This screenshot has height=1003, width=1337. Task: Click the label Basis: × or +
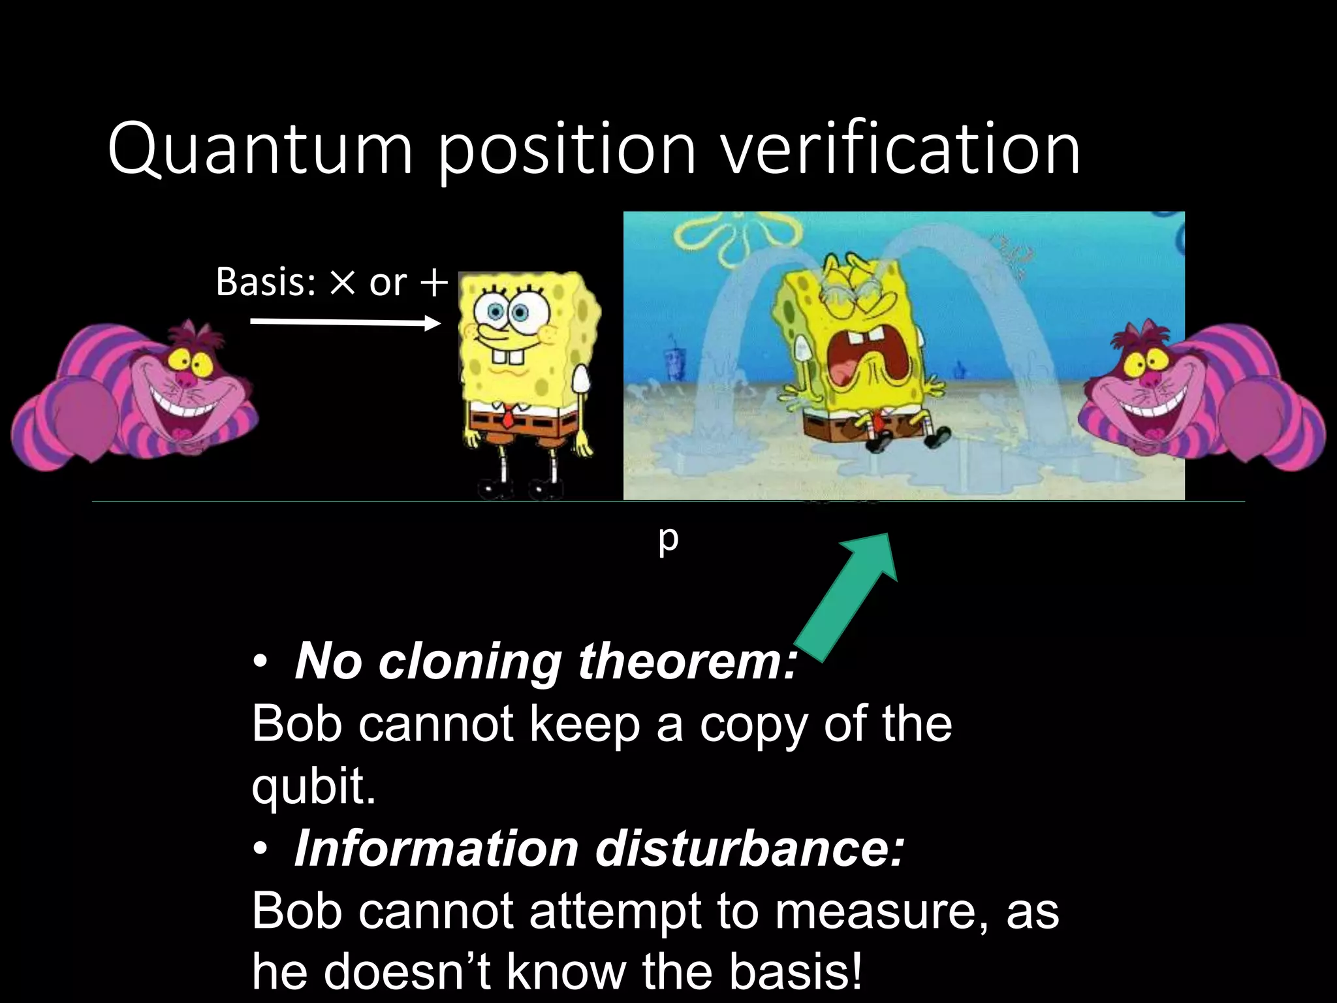pyautogui.click(x=332, y=282)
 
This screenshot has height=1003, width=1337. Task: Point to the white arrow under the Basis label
pyautogui.click(x=345, y=322)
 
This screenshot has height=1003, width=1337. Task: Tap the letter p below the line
pyautogui.click(x=668, y=539)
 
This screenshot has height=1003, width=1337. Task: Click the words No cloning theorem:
pyautogui.click(x=545, y=661)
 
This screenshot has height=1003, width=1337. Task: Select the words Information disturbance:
pyautogui.click(x=599, y=848)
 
